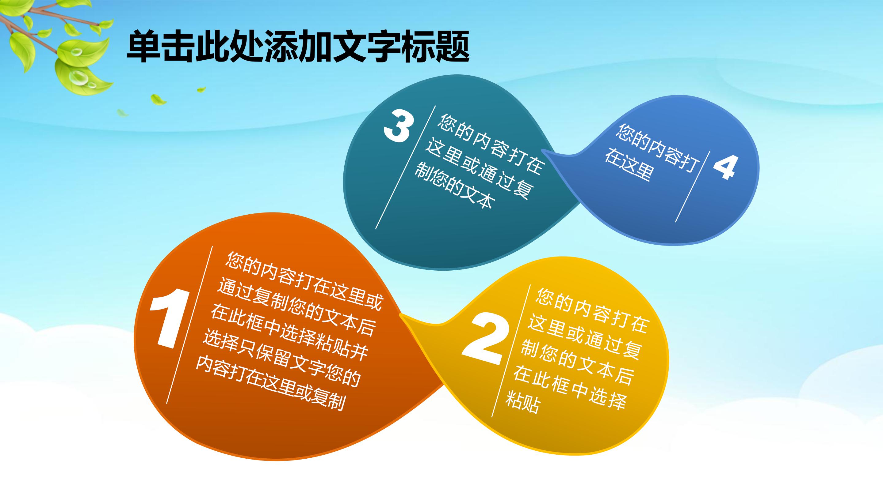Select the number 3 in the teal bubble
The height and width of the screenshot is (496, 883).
click(398, 126)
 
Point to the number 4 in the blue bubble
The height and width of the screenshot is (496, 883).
click(724, 167)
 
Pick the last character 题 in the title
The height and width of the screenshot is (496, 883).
click(452, 47)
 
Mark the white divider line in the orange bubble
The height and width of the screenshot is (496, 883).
click(189, 325)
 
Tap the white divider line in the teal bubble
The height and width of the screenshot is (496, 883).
click(406, 167)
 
